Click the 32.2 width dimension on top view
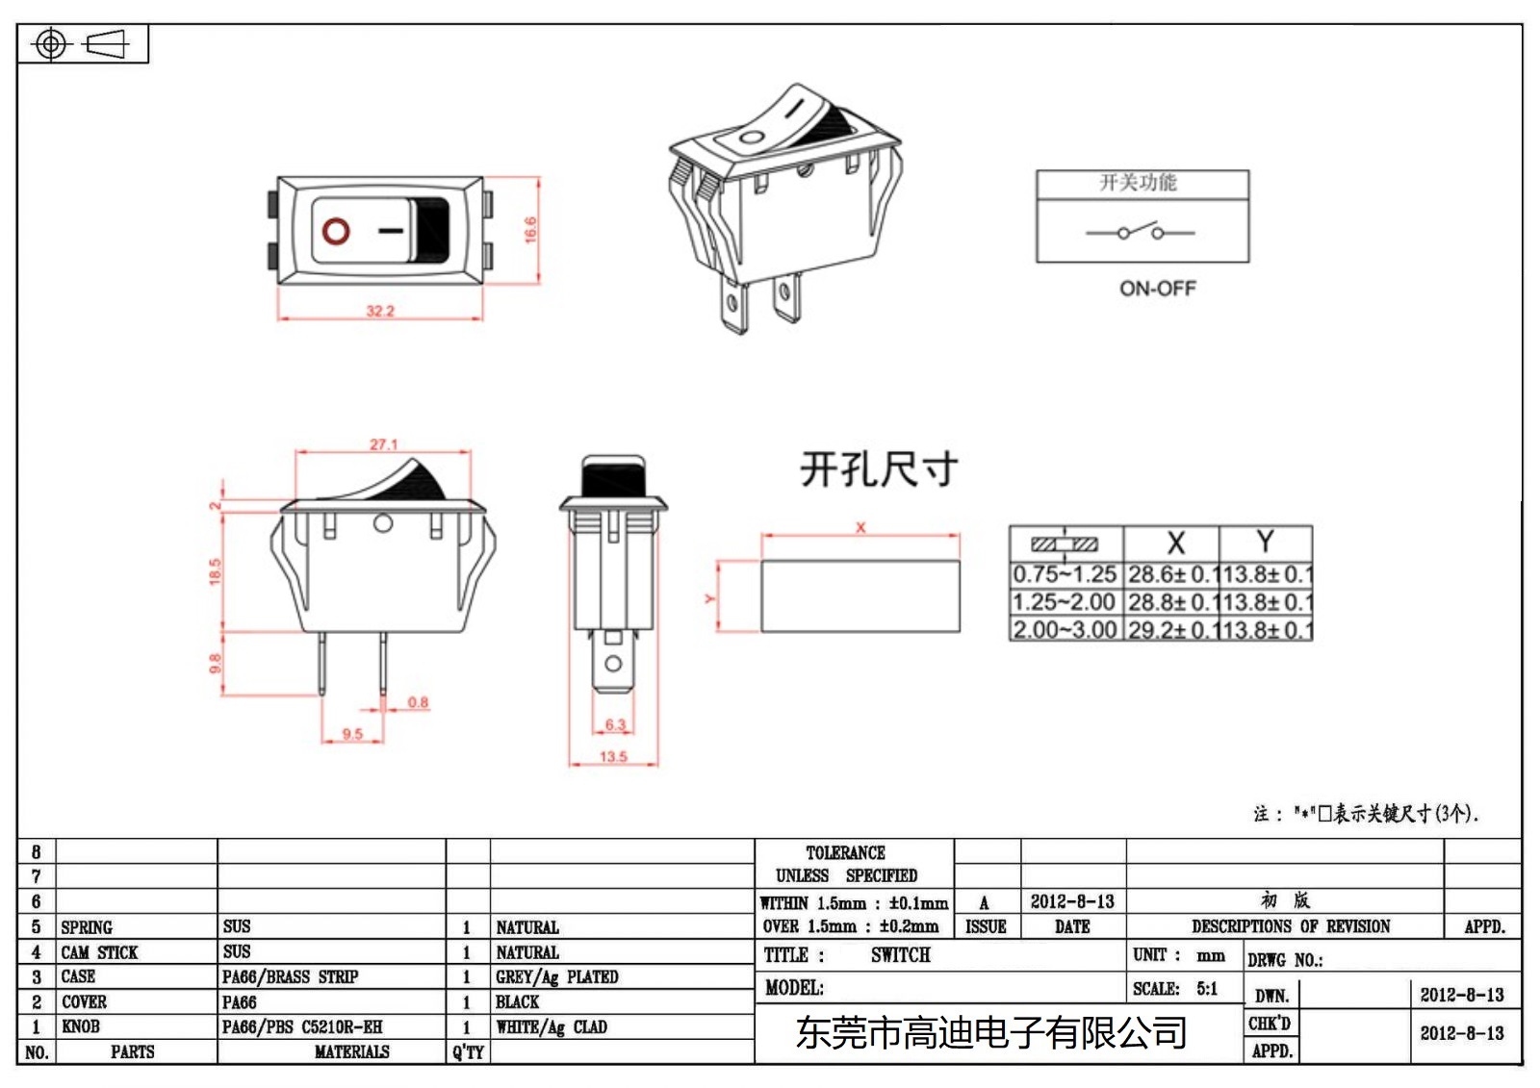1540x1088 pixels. pos(380,310)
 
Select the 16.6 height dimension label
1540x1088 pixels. pos(530,229)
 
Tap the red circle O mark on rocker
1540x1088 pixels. pos(336,231)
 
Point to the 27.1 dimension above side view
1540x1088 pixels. pos(383,443)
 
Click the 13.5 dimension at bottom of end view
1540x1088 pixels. pos(613,756)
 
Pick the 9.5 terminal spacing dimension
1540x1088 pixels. pos(352,733)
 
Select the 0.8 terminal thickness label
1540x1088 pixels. pos(418,701)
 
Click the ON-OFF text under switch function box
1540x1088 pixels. pos(1157,288)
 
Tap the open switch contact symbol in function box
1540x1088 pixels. pos(1141,232)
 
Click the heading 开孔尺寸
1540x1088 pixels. pos(879,469)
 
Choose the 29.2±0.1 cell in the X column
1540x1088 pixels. pos(1169,630)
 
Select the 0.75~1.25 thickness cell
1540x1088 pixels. pos(1065,574)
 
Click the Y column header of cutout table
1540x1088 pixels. pos(1265,542)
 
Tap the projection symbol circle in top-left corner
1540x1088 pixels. pos(51,44)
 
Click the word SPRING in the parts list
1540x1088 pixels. pos(87,926)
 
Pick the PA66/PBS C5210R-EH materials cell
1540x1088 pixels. pos(302,1026)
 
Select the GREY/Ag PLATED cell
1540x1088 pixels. pos(556,976)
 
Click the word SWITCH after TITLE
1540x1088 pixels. pos(900,954)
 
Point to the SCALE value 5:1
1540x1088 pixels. pos(1207,988)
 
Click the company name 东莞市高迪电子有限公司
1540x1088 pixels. pos(990,1032)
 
